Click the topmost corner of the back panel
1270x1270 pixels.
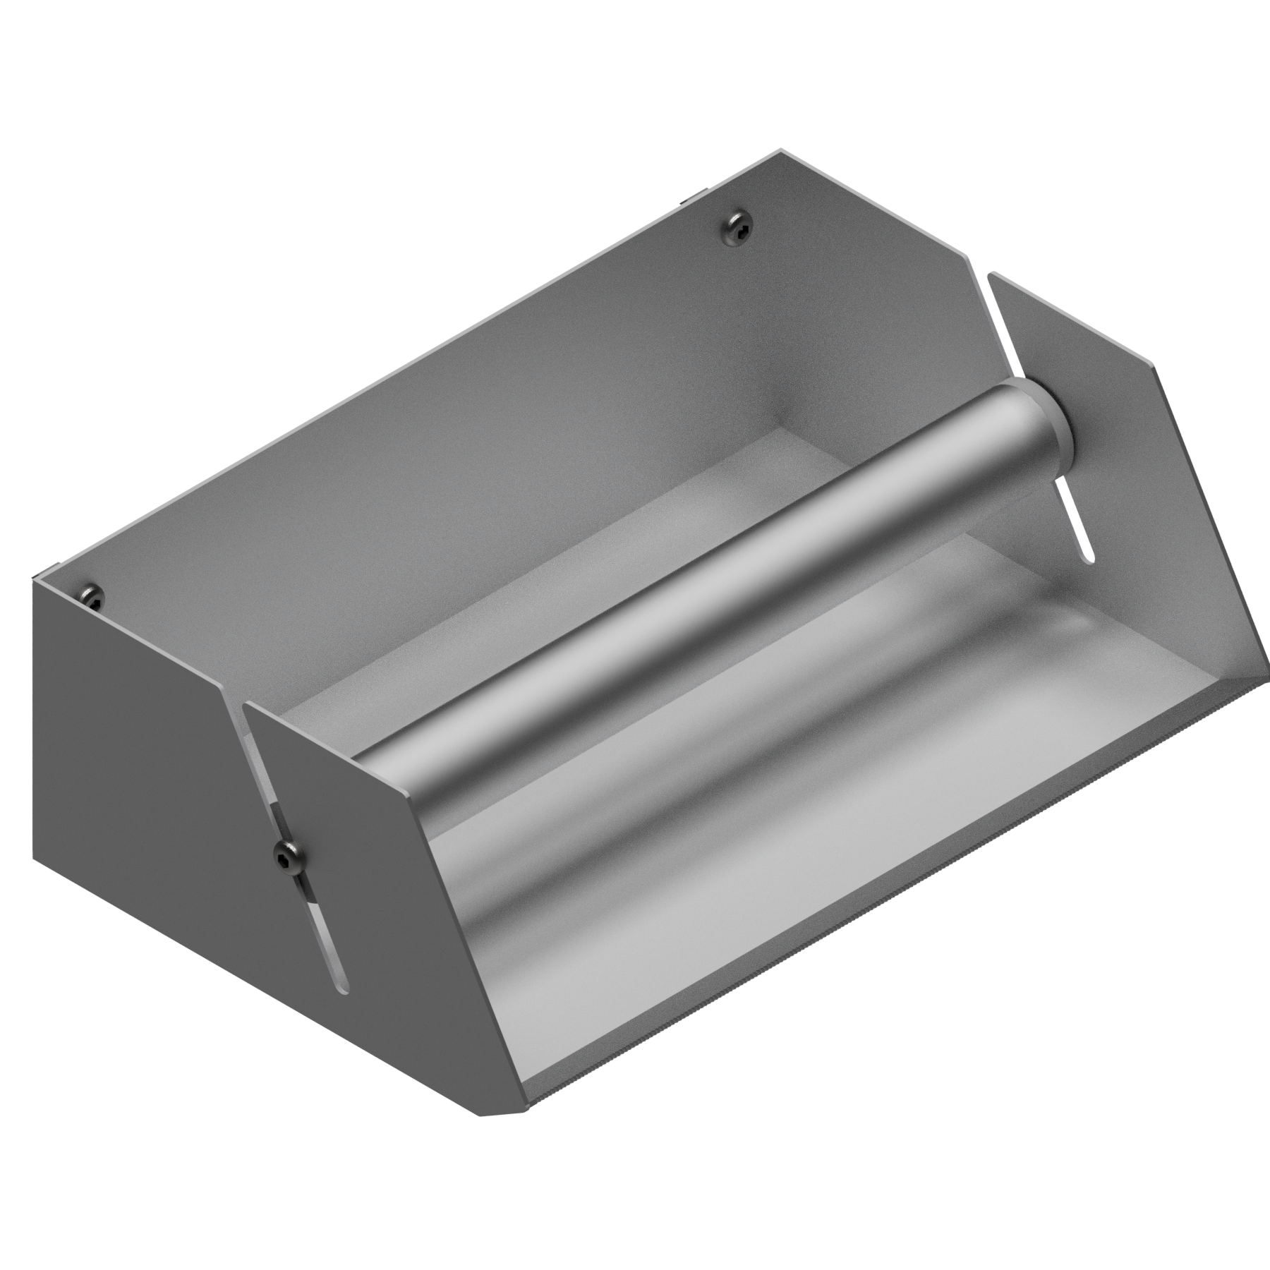coord(780,150)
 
